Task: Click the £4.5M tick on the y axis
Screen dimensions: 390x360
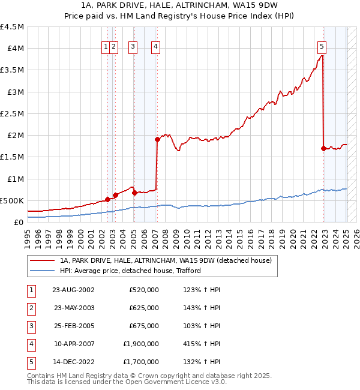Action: (x=12, y=27)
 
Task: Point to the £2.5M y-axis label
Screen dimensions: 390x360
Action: (x=12, y=113)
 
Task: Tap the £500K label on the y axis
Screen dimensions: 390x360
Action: (x=12, y=200)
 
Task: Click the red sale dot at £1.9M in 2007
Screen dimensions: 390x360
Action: (x=157, y=139)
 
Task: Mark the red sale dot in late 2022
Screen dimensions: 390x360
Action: (x=324, y=148)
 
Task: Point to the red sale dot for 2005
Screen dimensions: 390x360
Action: (x=134, y=193)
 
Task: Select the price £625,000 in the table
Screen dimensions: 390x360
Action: (x=144, y=308)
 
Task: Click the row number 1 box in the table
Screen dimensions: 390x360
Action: (x=31, y=290)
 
